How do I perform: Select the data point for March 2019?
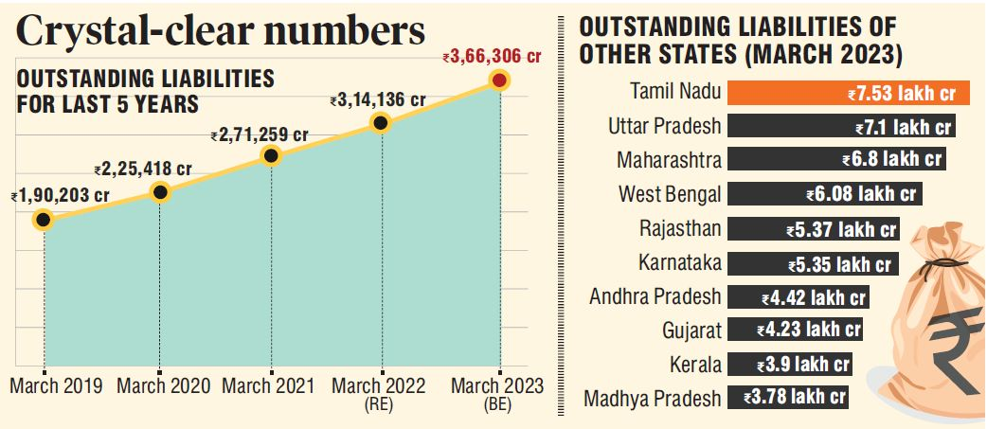pos(43,221)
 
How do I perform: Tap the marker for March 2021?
pos(271,156)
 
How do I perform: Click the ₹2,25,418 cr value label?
pos(143,170)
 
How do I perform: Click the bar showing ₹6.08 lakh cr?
pos(825,195)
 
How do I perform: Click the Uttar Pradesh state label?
pos(664,126)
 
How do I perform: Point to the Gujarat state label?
pos(691,331)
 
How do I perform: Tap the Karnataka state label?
pos(680,262)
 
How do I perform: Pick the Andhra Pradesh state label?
pos(655,296)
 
